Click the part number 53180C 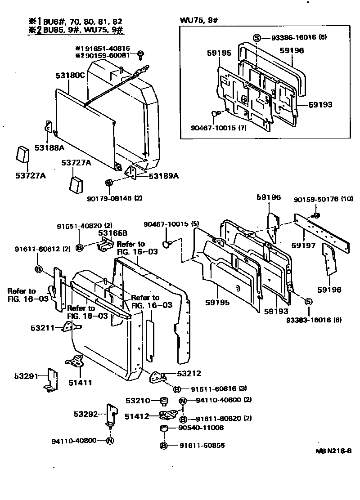pos(70,75)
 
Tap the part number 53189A pos(164,175)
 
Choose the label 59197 pos(302,246)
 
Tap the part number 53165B pos(113,232)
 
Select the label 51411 pos(80,383)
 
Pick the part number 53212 pos(189,373)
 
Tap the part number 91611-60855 pos(202,446)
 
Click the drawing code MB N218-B pos(333,451)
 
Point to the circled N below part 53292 pos(110,440)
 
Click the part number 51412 pos(137,416)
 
